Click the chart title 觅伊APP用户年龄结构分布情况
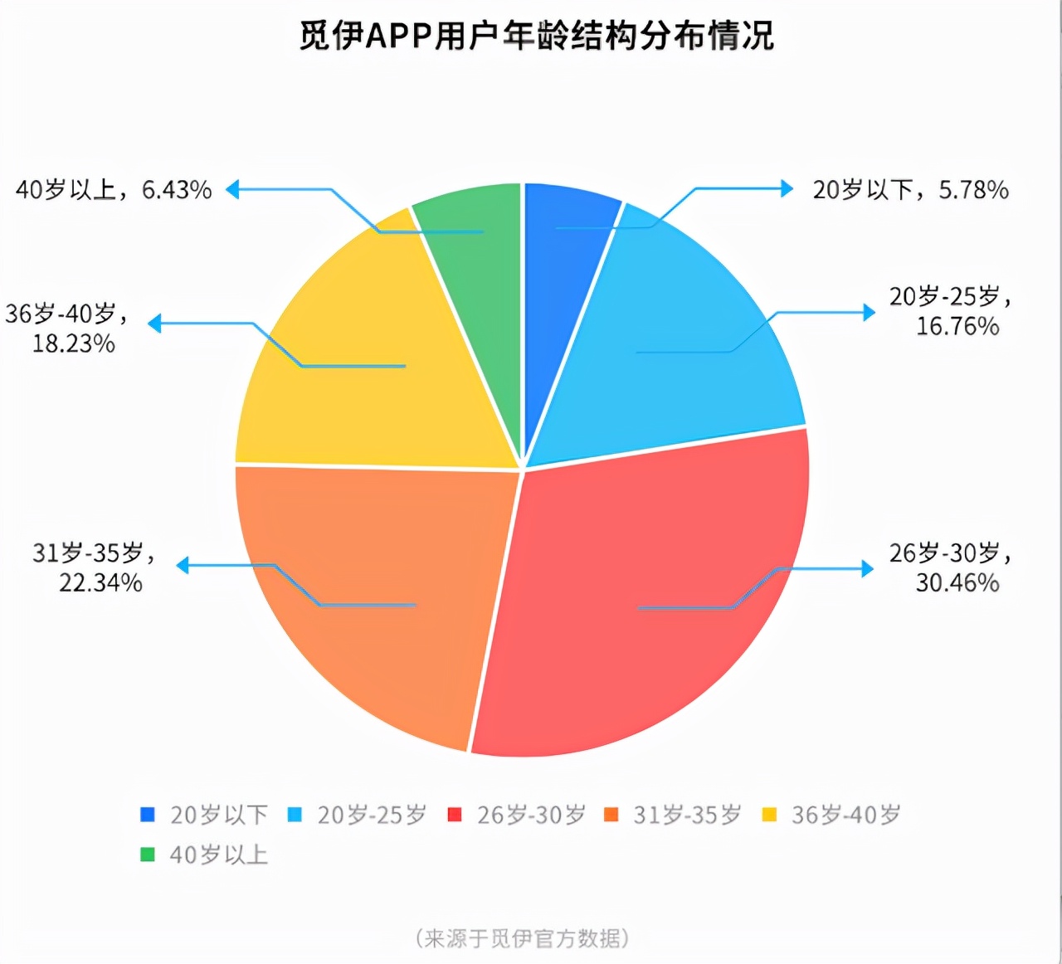tap(537, 37)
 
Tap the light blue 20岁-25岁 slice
tap(680, 348)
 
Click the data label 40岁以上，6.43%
tap(114, 190)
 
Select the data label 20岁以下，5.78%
tap(910, 190)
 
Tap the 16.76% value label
tap(957, 326)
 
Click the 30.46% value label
tap(957, 582)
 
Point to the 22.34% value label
tap(100, 582)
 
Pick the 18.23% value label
tap(74, 343)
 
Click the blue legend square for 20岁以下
tap(148, 815)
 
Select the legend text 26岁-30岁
tap(531, 815)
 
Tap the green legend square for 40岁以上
tap(148, 854)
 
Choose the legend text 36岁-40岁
tap(845, 815)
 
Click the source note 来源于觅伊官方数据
tap(522, 938)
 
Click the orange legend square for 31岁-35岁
tap(611, 815)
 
